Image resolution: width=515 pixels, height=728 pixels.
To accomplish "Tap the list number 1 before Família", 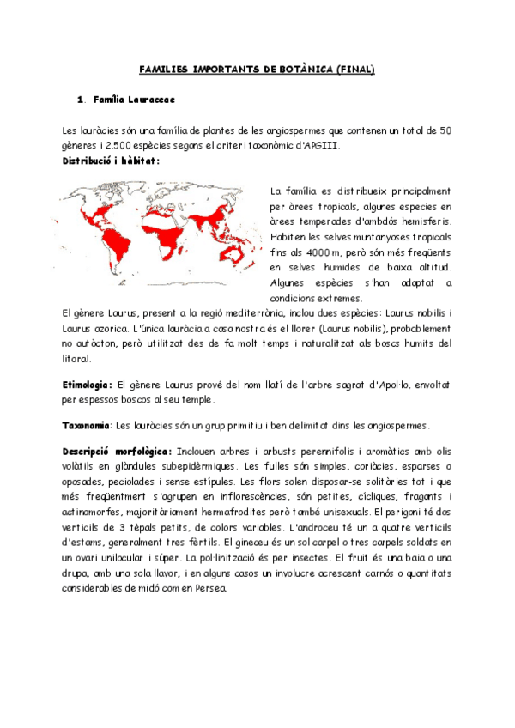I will pyautogui.click(x=80, y=100).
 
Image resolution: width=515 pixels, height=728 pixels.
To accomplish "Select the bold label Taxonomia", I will pyautogui.click(x=86, y=426).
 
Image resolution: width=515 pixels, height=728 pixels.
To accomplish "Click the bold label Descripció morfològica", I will pyautogui.click(x=117, y=452).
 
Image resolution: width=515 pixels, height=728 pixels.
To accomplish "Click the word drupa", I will pyautogui.click(x=78, y=574).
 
